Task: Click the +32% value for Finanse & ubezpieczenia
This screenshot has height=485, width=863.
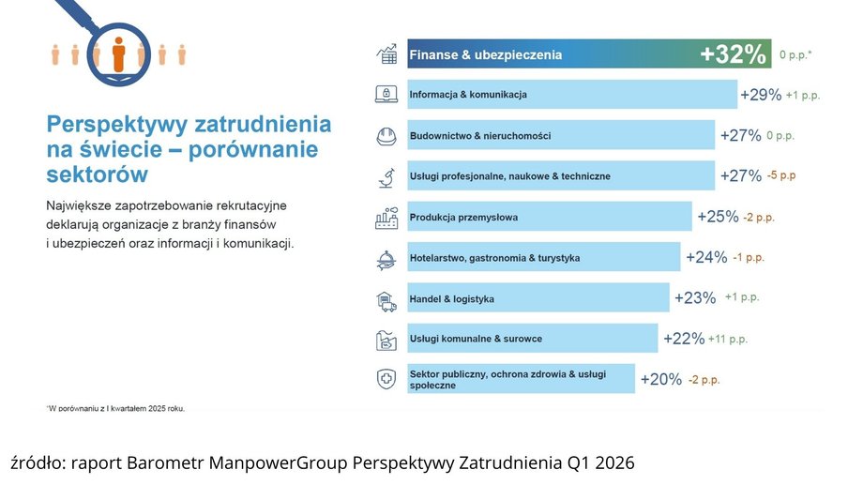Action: click(x=734, y=54)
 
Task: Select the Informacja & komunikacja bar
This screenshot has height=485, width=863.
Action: click(x=572, y=95)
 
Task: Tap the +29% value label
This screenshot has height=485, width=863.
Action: click(x=761, y=95)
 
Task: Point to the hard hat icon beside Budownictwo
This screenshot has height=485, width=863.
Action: click(x=386, y=135)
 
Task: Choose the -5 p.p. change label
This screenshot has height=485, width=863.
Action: click(x=780, y=175)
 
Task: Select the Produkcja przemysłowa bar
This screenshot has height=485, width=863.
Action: click(x=549, y=217)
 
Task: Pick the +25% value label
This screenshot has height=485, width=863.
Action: click(x=718, y=217)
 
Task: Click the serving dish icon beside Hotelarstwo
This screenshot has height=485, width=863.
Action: click(x=386, y=258)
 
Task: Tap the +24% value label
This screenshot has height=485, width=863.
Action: click(x=706, y=257)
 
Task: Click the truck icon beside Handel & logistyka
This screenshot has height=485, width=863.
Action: click(x=386, y=299)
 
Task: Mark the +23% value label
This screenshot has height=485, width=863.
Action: click(x=695, y=298)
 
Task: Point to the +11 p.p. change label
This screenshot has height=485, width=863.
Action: click(x=728, y=339)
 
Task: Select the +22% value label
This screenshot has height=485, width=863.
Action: click(x=684, y=339)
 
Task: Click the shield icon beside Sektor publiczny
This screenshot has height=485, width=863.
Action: click(x=386, y=379)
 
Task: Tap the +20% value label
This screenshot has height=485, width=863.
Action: click(x=660, y=379)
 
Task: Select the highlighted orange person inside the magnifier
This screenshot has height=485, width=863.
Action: click(x=118, y=53)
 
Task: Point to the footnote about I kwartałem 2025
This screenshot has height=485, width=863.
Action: click(x=115, y=408)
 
